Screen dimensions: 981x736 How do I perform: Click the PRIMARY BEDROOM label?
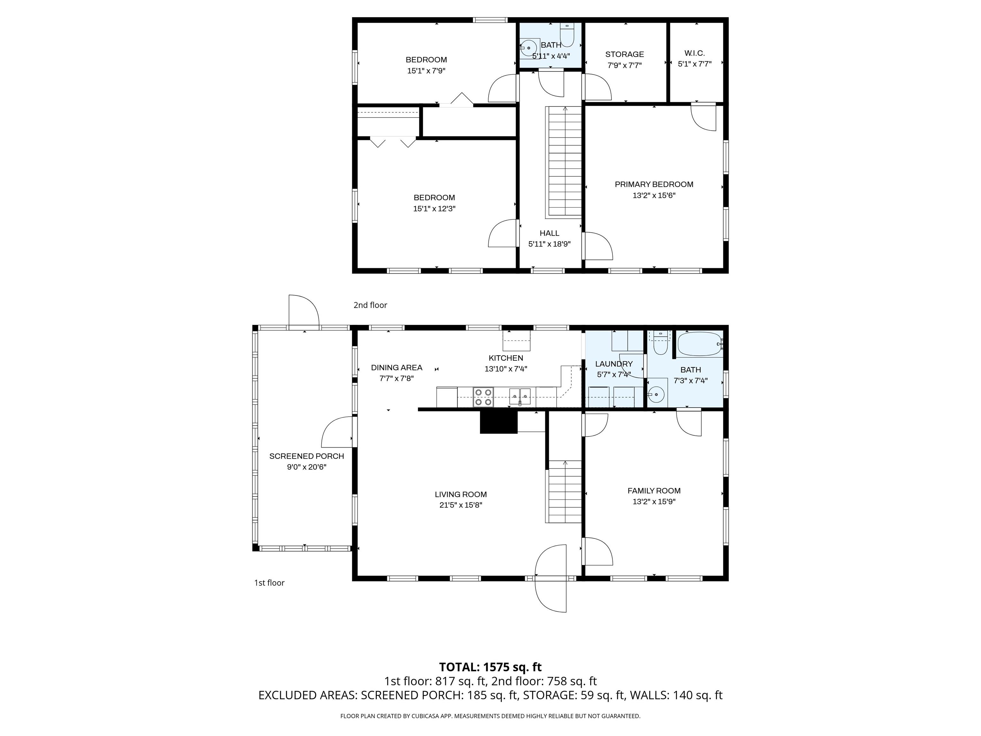(654, 184)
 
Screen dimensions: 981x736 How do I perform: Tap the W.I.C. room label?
(695, 53)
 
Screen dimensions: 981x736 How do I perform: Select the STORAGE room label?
(624, 54)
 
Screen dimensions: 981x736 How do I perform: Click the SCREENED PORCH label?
(307, 456)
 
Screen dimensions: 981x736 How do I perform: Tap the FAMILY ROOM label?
(654, 491)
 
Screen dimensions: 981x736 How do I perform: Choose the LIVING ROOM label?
(461, 494)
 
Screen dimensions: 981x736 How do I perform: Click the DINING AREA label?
(397, 367)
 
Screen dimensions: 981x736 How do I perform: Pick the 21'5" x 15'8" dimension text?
(461, 505)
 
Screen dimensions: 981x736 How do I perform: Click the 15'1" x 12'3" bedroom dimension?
(434, 209)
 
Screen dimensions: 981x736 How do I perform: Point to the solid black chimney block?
(499, 421)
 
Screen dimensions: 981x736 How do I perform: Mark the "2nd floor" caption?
(370, 305)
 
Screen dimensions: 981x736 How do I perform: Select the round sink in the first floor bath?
(656, 393)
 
